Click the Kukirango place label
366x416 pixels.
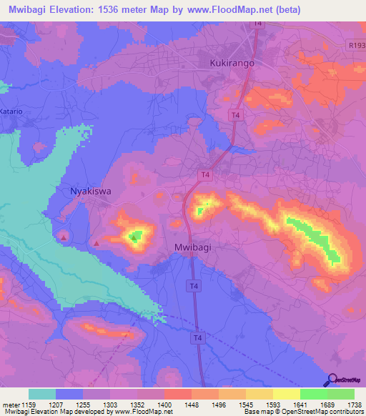pos(233,63)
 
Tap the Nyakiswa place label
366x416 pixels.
pos(90,192)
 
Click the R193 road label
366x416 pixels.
pos(356,46)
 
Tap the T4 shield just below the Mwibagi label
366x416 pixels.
pos(192,286)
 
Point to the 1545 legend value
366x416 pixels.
pos(247,404)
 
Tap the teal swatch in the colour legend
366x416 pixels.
pos(42,394)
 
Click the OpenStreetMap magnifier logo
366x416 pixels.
pos(332,380)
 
